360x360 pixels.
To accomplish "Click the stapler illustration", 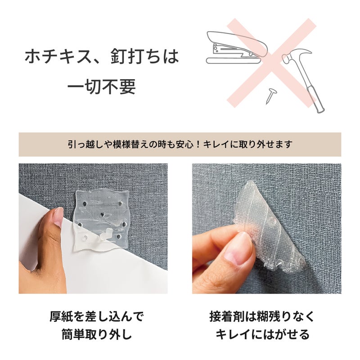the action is pyautogui.click(x=237, y=48).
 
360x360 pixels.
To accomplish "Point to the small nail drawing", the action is pyautogui.click(x=271, y=96).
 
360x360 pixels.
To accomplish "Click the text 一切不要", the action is pyautogui.click(x=101, y=86).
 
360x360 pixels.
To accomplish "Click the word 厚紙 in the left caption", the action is pyautogui.click(x=61, y=316).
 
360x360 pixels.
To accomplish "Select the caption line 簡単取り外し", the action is pyautogui.click(x=97, y=334).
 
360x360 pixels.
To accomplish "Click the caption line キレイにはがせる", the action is pyautogui.click(x=262, y=334).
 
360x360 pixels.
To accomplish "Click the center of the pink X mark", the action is pyautogui.click(x=271, y=63).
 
